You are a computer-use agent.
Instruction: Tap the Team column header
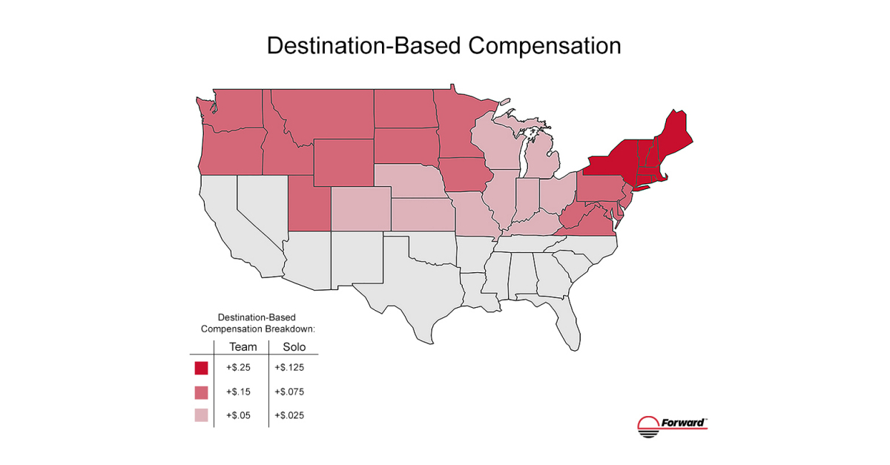tap(243, 346)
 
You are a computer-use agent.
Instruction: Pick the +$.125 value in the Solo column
tap(289, 367)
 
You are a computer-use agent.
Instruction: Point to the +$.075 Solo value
tap(289, 392)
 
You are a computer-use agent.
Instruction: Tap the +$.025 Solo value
tap(289, 416)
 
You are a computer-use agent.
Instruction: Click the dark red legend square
tap(201, 368)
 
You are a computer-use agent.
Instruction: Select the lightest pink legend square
tap(201, 416)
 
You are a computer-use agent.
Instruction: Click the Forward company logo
tap(672, 423)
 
